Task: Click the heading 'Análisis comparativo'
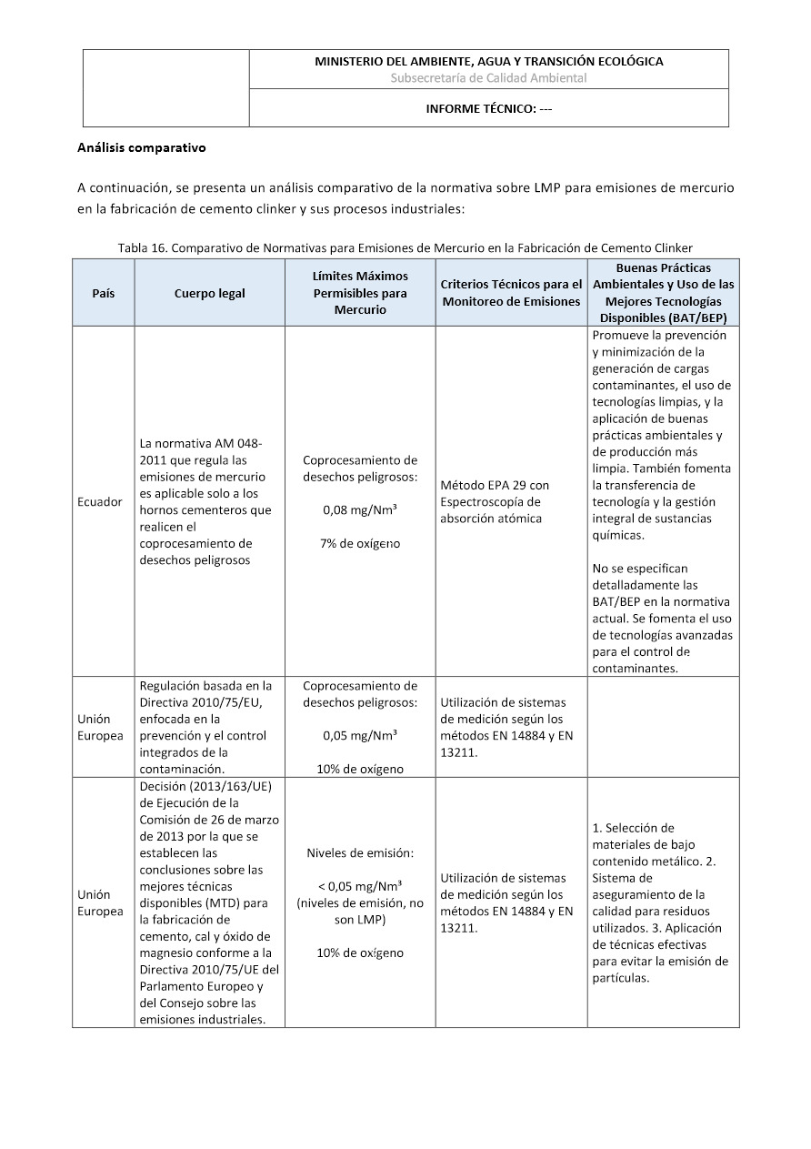(x=142, y=147)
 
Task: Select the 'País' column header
(x=104, y=294)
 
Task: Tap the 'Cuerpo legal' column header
(x=209, y=294)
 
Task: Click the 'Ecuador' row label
(x=100, y=502)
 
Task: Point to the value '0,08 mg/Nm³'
(x=360, y=510)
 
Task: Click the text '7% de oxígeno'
(x=360, y=544)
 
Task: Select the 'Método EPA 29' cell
(x=495, y=485)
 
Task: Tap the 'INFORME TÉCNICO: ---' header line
(x=489, y=109)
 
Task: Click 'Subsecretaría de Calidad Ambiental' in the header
(x=489, y=78)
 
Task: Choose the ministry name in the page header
(x=489, y=61)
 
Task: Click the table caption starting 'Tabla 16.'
(x=405, y=248)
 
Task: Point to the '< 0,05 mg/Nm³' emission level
(x=360, y=886)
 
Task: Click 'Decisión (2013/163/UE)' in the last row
(x=200, y=787)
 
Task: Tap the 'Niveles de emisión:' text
(x=360, y=853)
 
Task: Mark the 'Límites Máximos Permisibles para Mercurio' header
(x=360, y=293)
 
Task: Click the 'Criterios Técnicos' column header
(x=511, y=293)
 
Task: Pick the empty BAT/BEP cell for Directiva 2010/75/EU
(x=663, y=728)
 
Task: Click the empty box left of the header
(x=166, y=88)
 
